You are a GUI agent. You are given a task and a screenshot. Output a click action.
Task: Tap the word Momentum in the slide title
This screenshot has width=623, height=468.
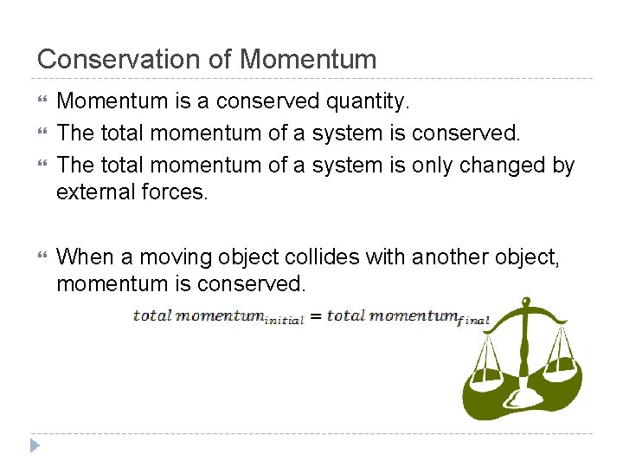coord(308,59)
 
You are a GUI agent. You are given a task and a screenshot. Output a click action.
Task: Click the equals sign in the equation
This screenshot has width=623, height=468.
coord(316,316)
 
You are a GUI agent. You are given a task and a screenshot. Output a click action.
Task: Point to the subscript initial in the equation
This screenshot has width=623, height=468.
coord(284,321)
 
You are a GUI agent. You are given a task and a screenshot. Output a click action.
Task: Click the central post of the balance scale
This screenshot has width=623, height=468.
coord(523,355)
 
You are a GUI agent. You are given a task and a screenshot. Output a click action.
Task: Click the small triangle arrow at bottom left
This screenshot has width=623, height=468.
coord(35,446)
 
